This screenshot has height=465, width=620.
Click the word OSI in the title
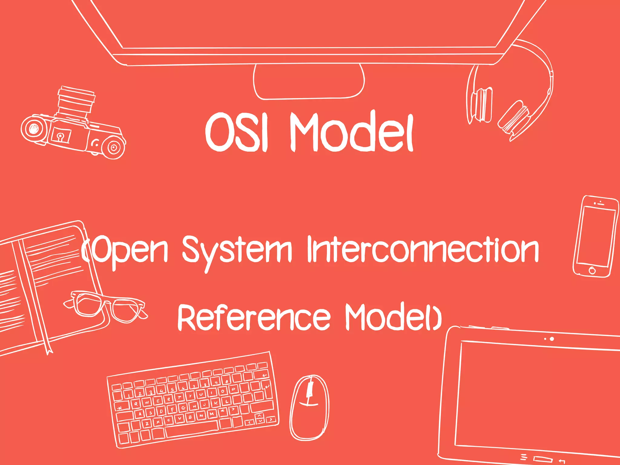237,132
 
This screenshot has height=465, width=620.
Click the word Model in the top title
351,132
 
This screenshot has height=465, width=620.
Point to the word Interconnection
423,249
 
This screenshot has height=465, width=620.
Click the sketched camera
73,127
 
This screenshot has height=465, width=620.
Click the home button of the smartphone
592,270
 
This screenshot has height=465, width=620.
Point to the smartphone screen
596,236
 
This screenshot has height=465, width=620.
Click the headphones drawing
512,97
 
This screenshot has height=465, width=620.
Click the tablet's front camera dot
552,339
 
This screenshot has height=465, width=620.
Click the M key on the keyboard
212,414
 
